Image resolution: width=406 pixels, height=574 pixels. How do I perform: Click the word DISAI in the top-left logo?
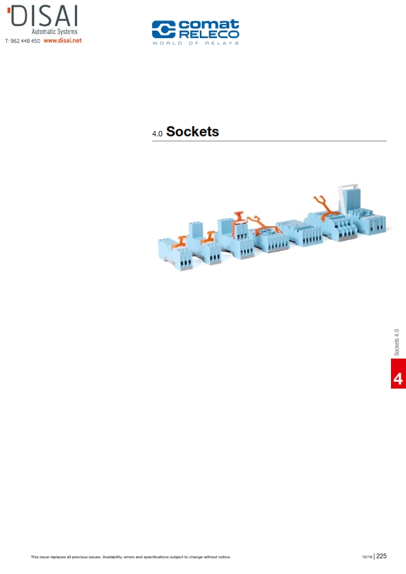[x=44, y=17]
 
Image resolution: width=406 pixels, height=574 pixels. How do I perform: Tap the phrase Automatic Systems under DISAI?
[x=55, y=32]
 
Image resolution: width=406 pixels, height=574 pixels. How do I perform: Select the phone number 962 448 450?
[x=25, y=41]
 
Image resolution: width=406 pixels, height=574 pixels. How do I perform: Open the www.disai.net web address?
[x=63, y=41]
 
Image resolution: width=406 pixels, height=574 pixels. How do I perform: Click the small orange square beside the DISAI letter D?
[x=8, y=10]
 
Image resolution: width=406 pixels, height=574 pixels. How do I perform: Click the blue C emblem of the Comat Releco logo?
[x=164, y=29]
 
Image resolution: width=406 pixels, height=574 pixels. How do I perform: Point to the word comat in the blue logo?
[x=209, y=25]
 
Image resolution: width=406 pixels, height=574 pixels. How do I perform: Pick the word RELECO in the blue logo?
[x=209, y=34]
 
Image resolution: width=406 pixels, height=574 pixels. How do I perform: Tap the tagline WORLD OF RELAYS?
[x=196, y=43]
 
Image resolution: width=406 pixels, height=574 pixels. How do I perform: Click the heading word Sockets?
[x=192, y=132]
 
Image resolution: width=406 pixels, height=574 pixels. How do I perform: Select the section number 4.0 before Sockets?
[x=157, y=134]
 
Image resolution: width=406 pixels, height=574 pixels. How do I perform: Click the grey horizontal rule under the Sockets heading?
[x=270, y=141]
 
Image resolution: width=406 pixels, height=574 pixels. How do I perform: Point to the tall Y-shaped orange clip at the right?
[x=325, y=207]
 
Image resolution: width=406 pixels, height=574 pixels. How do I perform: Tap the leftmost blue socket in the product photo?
[x=175, y=254]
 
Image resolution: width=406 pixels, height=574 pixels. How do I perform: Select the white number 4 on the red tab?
[x=398, y=378]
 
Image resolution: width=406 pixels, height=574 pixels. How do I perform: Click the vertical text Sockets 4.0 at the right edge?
[x=396, y=342]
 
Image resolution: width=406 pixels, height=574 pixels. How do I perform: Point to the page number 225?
[x=381, y=556]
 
